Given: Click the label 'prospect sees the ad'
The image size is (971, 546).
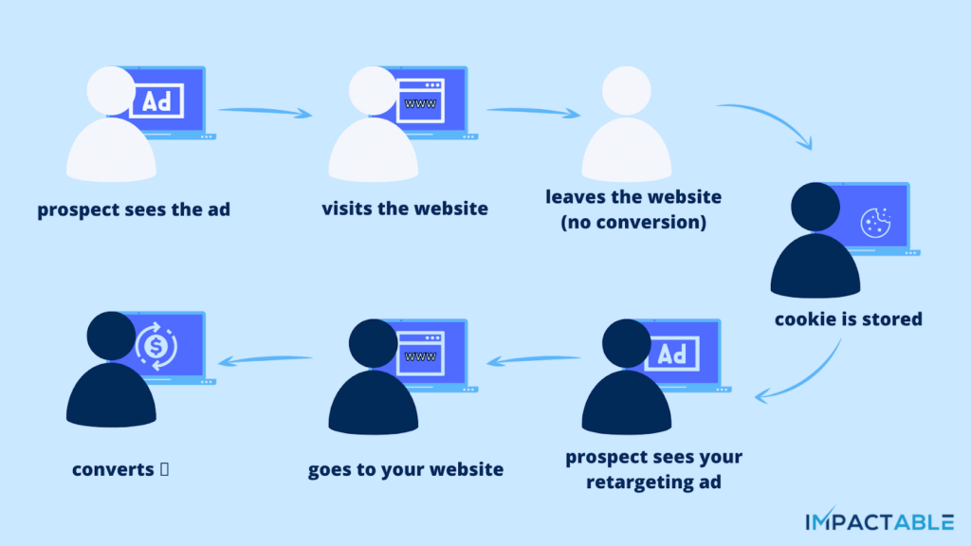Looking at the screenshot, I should click(x=134, y=209).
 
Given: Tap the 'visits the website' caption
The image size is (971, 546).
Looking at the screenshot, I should click(x=405, y=209).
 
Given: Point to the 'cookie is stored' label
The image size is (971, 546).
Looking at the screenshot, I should click(x=848, y=319).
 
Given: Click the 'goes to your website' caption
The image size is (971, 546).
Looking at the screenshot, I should click(x=405, y=469).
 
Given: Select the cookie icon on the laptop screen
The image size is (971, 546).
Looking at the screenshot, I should click(x=874, y=222).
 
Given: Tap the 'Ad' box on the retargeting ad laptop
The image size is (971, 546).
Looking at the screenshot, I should click(x=671, y=355).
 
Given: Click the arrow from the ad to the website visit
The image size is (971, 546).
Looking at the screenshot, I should click(x=265, y=112).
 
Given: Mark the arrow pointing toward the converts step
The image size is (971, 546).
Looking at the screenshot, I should click(x=266, y=358).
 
